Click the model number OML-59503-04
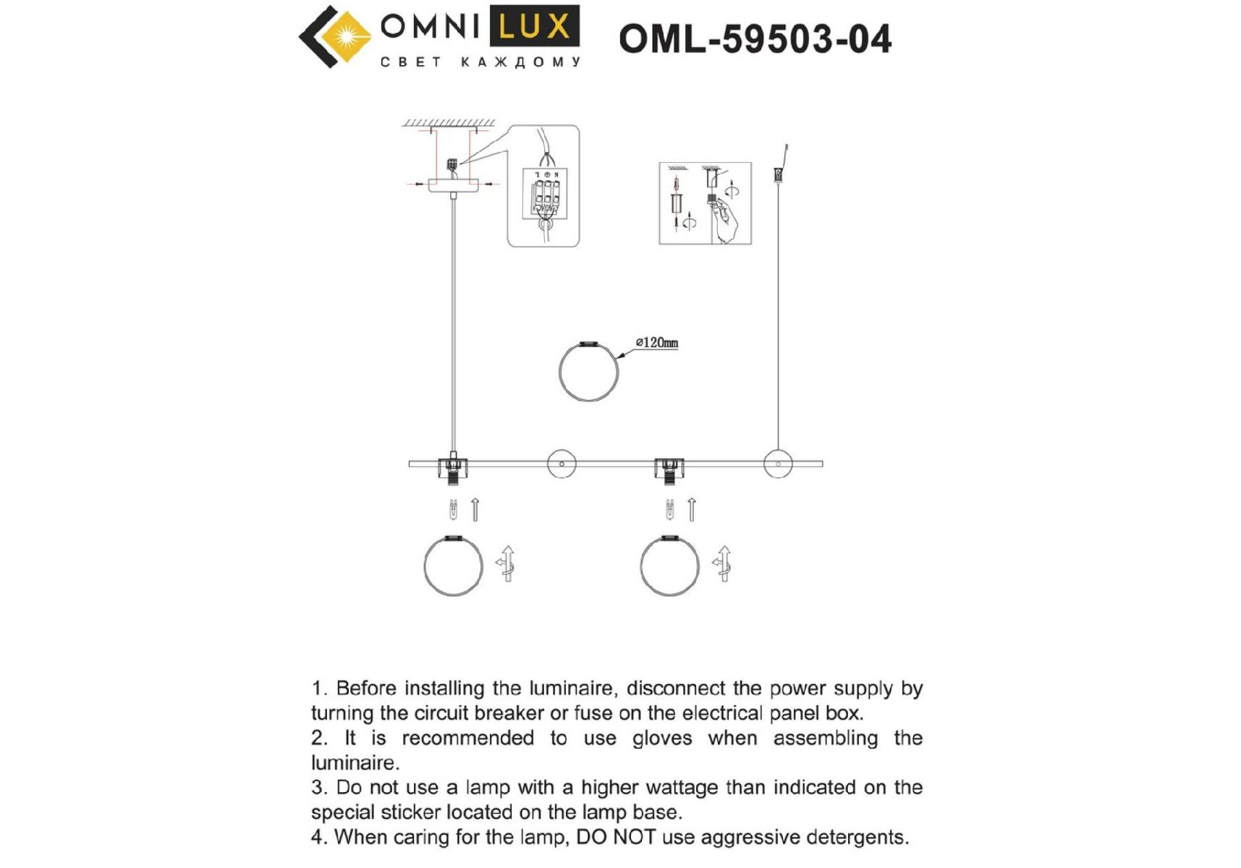[x=755, y=39]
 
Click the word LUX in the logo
[x=535, y=27]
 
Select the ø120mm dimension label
[x=657, y=343]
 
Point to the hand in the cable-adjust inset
[x=726, y=220]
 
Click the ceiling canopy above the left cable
[x=453, y=185]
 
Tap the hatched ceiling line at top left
[x=449, y=124]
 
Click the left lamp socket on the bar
[x=453, y=470]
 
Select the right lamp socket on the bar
[x=669, y=470]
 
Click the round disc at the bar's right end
[x=778, y=464]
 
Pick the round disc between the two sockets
[x=562, y=464]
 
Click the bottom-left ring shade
[x=425, y=566]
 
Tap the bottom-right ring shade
[x=640, y=566]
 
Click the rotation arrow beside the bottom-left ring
[x=507, y=564]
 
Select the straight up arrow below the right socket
[x=692, y=510]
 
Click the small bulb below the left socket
[x=453, y=510]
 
